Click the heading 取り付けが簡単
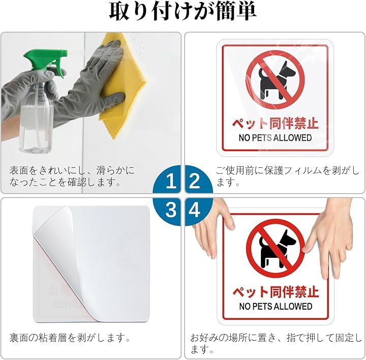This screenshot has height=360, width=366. coord(183,12)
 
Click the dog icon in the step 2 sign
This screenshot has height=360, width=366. coord(276,80)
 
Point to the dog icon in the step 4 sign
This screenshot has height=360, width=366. coord(276,249)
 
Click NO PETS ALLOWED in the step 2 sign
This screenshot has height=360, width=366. coord(275,138)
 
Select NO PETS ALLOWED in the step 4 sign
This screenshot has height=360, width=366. coord(276,306)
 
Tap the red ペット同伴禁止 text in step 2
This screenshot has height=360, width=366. coord(275,123)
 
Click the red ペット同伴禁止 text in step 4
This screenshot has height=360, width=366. coord(276,291)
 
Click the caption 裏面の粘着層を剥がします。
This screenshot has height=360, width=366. coord(70,338)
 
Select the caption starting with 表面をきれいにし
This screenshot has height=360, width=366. coord(72,176)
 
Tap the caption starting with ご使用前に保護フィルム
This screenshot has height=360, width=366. coord(287,176)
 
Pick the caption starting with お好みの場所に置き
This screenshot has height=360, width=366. coord(276,343)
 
